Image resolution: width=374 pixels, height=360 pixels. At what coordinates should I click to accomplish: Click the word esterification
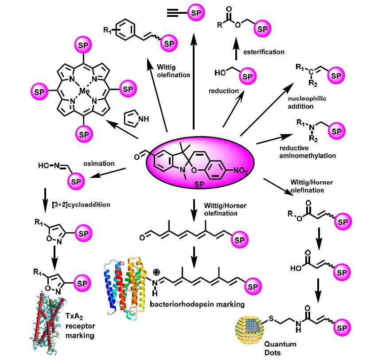click(264, 52)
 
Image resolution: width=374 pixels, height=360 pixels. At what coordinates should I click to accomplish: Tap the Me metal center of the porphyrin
click(85, 91)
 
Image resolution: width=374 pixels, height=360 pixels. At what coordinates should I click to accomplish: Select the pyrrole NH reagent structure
click(136, 118)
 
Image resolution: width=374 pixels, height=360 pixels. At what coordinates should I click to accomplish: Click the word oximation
click(99, 164)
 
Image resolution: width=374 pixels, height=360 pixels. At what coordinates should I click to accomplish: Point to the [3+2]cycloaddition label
click(81, 204)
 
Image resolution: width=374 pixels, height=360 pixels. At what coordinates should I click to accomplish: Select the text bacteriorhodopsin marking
click(197, 304)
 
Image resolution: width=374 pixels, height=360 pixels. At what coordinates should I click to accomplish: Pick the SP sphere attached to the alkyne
click(196, 12)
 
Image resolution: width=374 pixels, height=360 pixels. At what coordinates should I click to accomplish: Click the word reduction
click(224, 91)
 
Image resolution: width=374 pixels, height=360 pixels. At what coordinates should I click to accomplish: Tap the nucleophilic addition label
click(307, 102)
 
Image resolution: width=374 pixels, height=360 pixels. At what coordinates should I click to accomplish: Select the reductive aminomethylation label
click(308, 152)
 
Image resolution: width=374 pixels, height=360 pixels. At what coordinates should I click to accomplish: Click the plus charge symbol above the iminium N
click(156, 272)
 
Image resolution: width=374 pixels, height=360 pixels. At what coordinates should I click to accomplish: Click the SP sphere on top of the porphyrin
click(83, 45)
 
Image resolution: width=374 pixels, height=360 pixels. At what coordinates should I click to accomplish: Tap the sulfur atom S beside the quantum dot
click(271, 318)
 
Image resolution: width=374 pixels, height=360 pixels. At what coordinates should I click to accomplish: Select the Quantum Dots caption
click(280, 348)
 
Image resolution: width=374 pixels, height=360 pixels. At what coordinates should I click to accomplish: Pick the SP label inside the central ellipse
click(199, 184)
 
